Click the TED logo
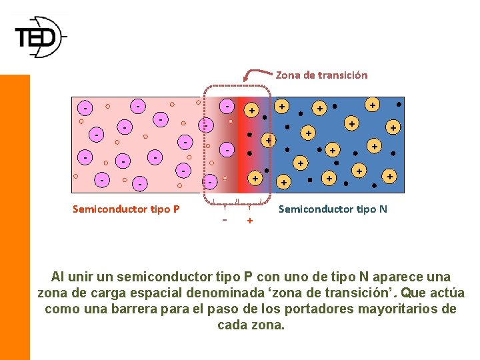(x=40, y=37)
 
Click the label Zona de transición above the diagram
(x=321, y=75)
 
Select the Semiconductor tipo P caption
(x=126, y=209)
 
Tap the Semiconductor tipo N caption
(x=333, y=209)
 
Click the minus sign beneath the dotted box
(x=225, y=219)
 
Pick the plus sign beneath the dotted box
(x=250, y=220)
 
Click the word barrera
(x=149, y=309)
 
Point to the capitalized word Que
(x=409, y=293)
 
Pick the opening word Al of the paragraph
(x=59, y=277)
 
